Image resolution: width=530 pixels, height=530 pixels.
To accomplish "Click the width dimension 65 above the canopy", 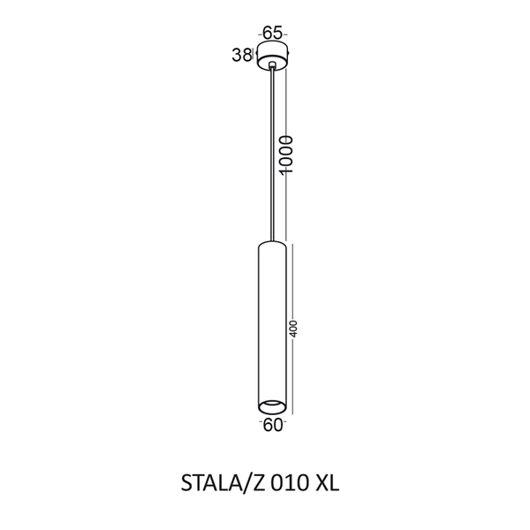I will click(273, 33).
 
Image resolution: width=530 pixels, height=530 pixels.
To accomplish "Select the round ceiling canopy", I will click(273, 55).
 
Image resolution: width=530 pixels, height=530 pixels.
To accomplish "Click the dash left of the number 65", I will click(260, 33).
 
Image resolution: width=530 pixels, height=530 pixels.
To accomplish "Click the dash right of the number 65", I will click(287, 33).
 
